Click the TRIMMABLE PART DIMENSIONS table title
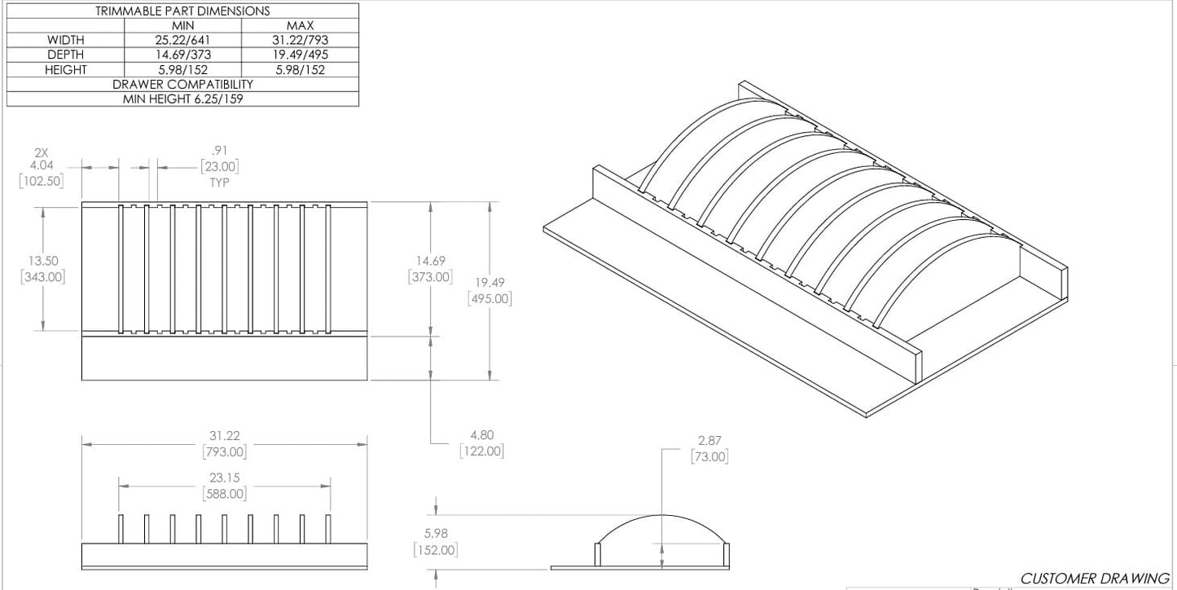coord(182,11)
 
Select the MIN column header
coord(182,25)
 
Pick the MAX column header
coord(300,25)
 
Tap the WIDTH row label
coord(65,40)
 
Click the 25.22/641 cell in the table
coord(182,40)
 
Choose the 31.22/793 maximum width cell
coord(300,40)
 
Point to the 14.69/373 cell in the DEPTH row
coord(182,55)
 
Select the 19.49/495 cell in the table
coord(300,55)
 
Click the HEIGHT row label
coord(65,69)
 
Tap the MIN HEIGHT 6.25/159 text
coord(182,99)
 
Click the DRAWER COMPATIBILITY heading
coord(182,84)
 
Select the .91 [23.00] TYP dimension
coord(219,166)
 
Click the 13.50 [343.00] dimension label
coord(42,269)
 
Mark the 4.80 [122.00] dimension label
coord(481,443)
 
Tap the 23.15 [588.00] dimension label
coord(224,486)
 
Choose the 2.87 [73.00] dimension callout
coord(709,449)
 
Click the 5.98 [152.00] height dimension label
coord(435,542)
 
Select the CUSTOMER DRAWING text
coord(1094,579)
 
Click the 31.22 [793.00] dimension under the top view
coord(224,444)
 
